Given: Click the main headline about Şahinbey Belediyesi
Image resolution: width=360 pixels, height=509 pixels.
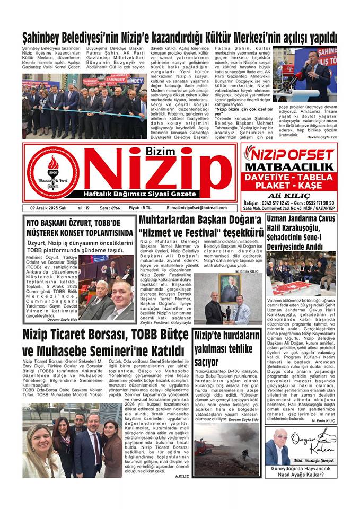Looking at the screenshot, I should coord(180,38).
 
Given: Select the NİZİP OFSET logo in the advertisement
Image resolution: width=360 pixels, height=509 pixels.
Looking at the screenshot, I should coord(289,154).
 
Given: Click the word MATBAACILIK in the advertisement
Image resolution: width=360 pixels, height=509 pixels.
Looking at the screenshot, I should coord(289,168).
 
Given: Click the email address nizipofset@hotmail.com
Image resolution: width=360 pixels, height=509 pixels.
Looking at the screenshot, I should coord(196,208).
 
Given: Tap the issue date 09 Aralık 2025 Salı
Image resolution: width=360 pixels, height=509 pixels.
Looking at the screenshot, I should coord(49,208).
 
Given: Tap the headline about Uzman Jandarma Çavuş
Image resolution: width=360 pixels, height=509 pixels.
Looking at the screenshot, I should coord(301,232).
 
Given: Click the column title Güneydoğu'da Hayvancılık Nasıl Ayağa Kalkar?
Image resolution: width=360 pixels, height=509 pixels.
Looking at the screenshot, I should coord(301,472).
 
